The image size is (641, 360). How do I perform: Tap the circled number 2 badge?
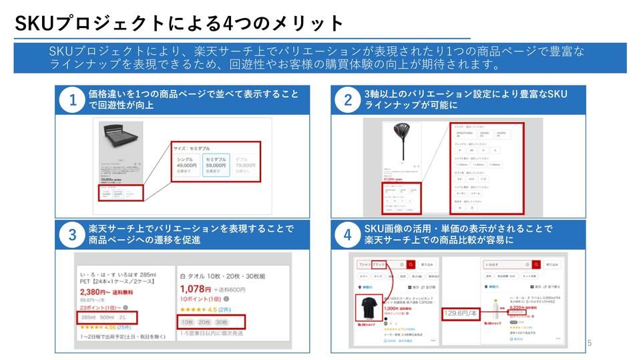click(x=348, y=101)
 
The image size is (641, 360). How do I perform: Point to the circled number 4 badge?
click(x=348, y=235)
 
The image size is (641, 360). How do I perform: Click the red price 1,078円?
click(x=196, y=289)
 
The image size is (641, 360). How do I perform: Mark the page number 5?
click(x=589, y=343)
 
